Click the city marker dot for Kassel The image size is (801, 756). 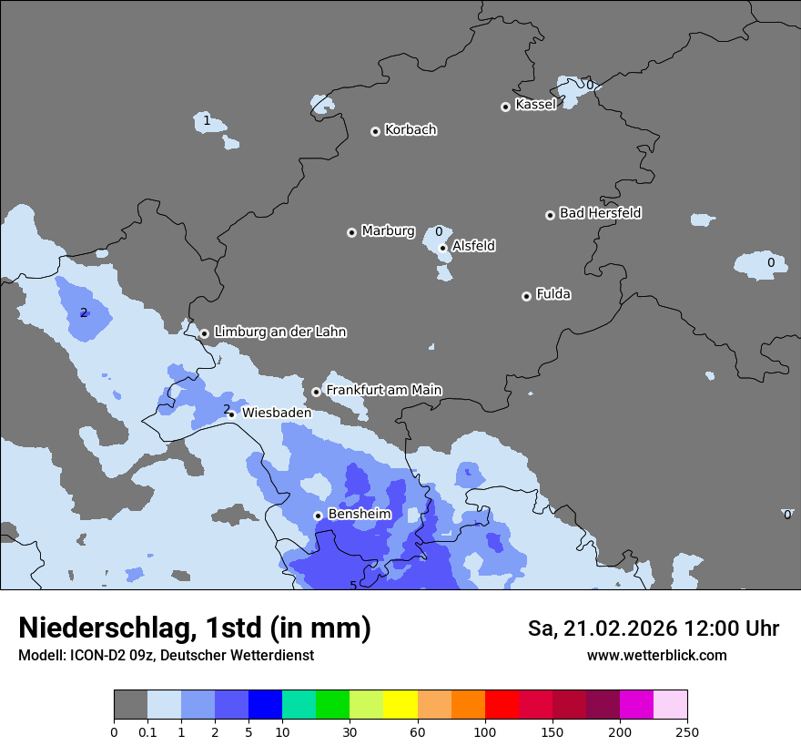click(x=505, y=107)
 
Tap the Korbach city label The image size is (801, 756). click(x=411, y=130)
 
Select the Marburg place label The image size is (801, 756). click(x=388, y=231)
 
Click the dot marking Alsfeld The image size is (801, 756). click(x=442, y=248)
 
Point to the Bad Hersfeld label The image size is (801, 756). click(x=600, y=213)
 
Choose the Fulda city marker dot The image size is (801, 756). click(x=526, y=296)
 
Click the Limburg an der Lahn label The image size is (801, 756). click(x=279, y=332)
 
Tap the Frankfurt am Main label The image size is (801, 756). click(x=383, y=391)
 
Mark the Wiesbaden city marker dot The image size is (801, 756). click(x=231, y=414)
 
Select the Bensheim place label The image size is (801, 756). click(x=359, y=515)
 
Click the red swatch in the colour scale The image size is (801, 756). click(x=502, y=705)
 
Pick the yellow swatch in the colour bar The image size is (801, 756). click(x=400, y=705)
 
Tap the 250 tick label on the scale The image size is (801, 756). click(x=687, y=732)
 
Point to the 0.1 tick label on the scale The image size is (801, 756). click(x=147, y=732)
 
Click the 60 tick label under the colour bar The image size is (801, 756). click(x=418, y=732)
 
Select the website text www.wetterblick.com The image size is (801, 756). click(x=656, y=656)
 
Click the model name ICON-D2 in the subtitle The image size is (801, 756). click(x=94, y=656)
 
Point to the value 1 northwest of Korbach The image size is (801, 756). click(x=207, y=120)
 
